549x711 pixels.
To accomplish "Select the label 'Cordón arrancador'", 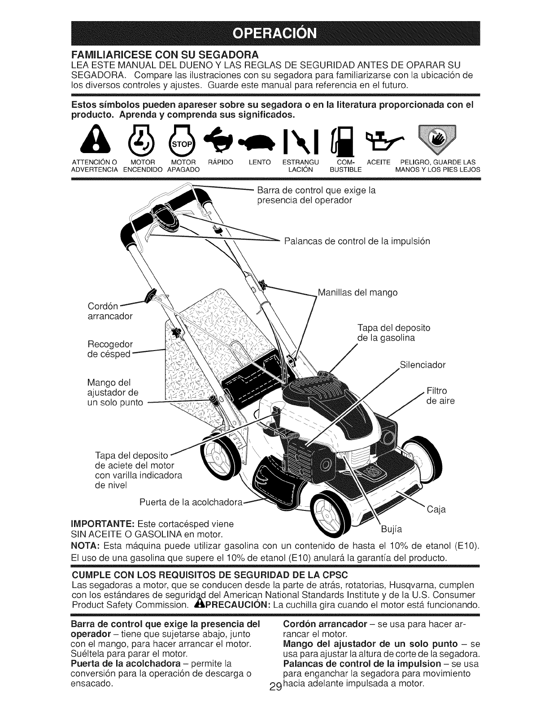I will pos(109,311).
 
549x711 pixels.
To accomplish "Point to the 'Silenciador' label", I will pos(422,365).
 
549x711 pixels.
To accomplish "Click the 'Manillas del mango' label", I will pos(357,293).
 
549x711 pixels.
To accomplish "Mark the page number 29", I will pos(276,700).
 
